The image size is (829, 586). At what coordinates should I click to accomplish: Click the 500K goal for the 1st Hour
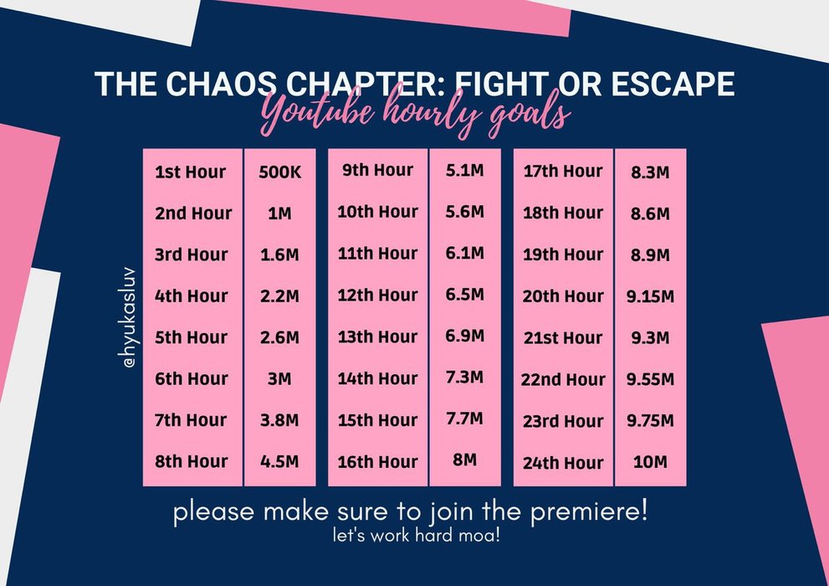279,172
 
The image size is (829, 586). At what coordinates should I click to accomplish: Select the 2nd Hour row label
193,213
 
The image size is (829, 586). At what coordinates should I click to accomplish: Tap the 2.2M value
279,296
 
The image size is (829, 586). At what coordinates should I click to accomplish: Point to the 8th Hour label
191,461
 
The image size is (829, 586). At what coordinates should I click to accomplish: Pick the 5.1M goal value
465,170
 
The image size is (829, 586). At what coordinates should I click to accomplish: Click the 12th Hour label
377,296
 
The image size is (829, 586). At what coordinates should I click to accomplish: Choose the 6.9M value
465,336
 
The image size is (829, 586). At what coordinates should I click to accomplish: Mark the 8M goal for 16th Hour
465,460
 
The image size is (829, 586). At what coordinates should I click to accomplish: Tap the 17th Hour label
563,172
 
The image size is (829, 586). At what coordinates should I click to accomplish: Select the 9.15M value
650,296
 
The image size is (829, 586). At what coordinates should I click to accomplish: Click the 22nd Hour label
563,379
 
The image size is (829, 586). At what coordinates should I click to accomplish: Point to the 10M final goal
650,462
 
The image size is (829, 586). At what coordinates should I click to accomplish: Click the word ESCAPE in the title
673,84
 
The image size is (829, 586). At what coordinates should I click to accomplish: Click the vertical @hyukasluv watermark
129,317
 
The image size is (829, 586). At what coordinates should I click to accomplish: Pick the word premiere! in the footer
589,511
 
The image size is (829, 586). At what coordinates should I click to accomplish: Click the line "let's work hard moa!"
416,535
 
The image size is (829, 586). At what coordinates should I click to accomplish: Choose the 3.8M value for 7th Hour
279,420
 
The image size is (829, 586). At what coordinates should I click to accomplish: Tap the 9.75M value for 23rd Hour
650,420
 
